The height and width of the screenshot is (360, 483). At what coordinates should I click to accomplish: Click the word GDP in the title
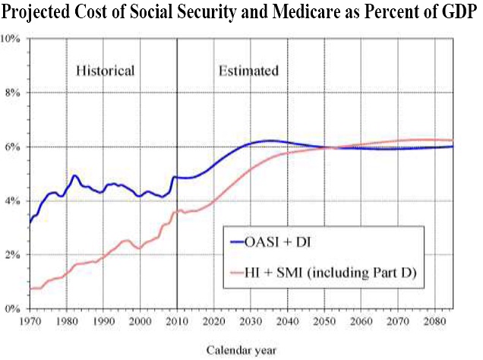pyautogui.click(x=459, y=13)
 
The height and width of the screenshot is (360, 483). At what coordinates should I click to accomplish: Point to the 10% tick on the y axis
pyautogui.click(x=14, y=37)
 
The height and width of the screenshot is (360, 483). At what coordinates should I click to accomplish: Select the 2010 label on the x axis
pyautogui.click(x=177, y=322)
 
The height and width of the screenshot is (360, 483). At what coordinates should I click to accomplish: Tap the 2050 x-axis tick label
pyautogui.click(x=324, y=322)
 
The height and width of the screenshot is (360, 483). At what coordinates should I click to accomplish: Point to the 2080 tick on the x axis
pyautogui.click(x=434, y=322)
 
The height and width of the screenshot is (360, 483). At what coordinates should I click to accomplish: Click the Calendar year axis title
pyautogui.click(x=241, y=350)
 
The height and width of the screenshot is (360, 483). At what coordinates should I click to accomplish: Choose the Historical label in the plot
pyautogui.click(x=105, y=71)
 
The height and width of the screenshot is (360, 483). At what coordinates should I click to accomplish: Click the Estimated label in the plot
pyautogui.click(x=248, y=71)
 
